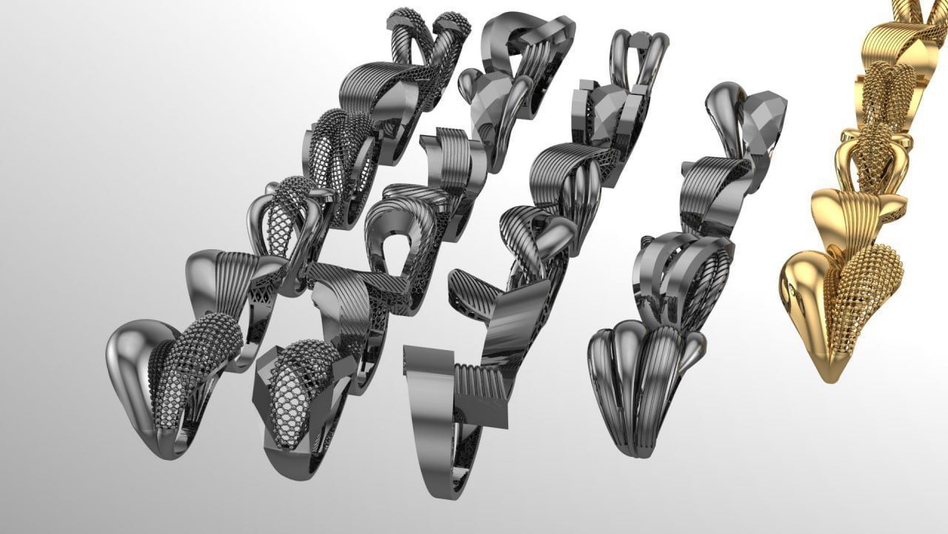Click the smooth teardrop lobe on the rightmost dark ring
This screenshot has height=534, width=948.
click(722, 111)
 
